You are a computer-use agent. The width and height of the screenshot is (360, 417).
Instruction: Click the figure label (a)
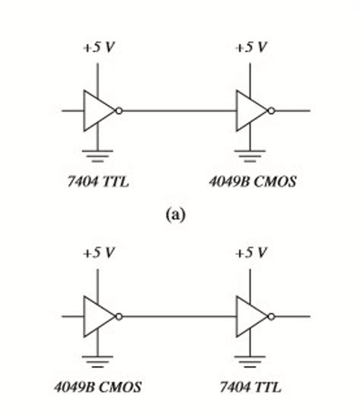tap(175, 215)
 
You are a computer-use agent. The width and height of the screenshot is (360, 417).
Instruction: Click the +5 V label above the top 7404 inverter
tap(99, 47)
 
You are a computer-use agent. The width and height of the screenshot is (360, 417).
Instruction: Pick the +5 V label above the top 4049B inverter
tap(251, 47)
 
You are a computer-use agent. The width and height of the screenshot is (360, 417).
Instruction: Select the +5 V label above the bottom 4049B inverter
tap(99, 253)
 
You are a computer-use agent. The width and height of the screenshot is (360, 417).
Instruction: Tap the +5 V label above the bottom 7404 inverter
tap(251, 253)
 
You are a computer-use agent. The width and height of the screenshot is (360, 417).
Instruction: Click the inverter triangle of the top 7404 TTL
tap(97, 111)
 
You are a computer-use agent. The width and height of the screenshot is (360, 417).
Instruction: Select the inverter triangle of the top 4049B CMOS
tap(248, 111)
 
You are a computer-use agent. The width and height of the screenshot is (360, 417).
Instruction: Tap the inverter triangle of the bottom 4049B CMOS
tap(97, 316)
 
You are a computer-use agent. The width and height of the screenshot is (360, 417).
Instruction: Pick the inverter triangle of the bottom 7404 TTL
tap(248, 316)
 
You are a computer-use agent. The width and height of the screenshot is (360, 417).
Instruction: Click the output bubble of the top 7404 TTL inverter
tap(119, 111)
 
